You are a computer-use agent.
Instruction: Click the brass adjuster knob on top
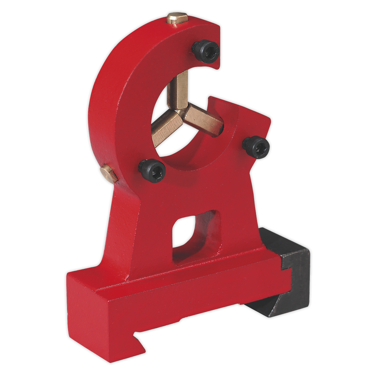pyautogui.click(x=176, y=18)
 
